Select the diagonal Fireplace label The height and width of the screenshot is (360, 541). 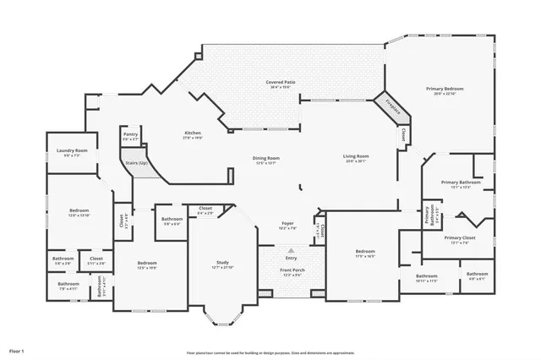[393, 105]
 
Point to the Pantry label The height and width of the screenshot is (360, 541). [130, 134]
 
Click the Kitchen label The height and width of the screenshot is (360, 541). [193, 134]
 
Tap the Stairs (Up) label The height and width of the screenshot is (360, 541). [137, 161]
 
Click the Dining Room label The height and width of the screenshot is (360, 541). [266, 158]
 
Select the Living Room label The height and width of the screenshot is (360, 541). [355, 156]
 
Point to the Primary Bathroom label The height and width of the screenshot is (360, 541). [461, 183]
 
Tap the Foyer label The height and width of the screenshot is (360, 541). [287, 223]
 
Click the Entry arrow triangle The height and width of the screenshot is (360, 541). [291, 251]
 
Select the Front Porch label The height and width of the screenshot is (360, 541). [291, 270]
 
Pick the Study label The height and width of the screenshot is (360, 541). [222, 263]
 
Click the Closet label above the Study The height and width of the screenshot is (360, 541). [205, 208]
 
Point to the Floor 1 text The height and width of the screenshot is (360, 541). [17, 350]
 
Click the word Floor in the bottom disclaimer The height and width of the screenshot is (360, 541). [191, 352]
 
